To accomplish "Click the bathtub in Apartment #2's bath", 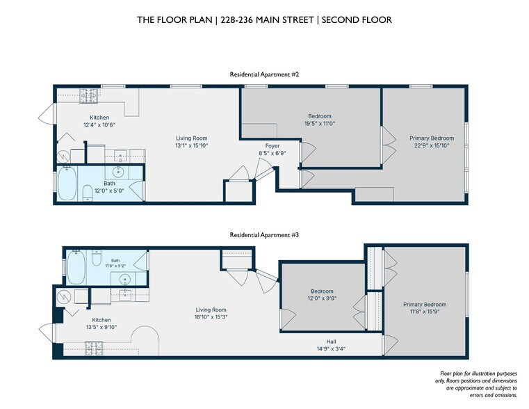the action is pyautogui.click(x=67, y=183).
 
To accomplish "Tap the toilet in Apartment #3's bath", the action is pyautogui.click(x=97, y=258).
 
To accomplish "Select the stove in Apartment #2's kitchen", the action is pyautogui.click(x=89, y=96).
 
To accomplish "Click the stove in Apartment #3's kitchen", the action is pyautogui.click(x=94, y=348).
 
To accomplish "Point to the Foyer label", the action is pyautogui.click(x=272, y=146).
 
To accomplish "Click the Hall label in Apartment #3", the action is pyautogui.click(x=331, y=342).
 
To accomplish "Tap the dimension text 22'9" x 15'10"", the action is pyautogui.click(x=432, y=146).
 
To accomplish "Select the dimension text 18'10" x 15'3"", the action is pyautogui.click(x=211, y=317).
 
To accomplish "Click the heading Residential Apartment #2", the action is pyautogui.click(x=264, y=74).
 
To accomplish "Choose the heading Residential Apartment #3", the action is pyautogui.click(x=264, y=235).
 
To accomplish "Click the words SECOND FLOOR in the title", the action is pyautogui.click(x=357, y=20).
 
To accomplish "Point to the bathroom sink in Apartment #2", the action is pyautogui.click(x=118, y=172).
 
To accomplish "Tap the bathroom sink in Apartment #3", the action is pyautogui.click(x=125, y=280).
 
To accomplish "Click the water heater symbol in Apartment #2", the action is pyautogui.click(x=63, y=157).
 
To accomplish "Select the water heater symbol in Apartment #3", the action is pyautogui.click(x=63, y=297).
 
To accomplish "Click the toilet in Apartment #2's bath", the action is pyautogui.click(x=88, y=193).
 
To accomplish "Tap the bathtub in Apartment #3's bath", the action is pyautogui.click(x=76, y=267).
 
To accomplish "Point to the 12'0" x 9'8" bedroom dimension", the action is pyautogui.click(x=322, y=298).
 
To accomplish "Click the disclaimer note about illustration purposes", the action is pyautogui.click(x=475, y=385).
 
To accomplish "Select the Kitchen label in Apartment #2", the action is pyautogui.click(x=99, y=118).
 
